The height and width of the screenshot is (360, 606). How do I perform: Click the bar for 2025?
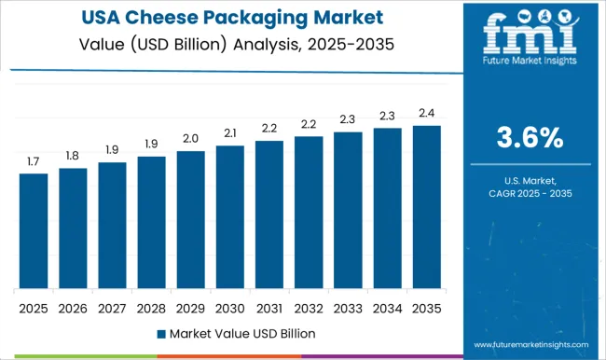tap(33, 230)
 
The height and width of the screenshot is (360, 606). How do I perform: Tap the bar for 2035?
tap(427, 206)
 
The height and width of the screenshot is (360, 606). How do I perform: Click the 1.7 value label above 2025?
tap(33, 161)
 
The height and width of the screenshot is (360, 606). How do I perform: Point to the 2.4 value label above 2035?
tap(427, 113)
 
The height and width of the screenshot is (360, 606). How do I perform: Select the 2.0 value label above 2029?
tap(190, 139)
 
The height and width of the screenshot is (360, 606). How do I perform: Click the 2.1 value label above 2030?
tap(230, 133)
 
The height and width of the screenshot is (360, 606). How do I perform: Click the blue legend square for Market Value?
tap(160, 333)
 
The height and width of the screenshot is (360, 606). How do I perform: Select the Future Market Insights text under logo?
tap(528, 70)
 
